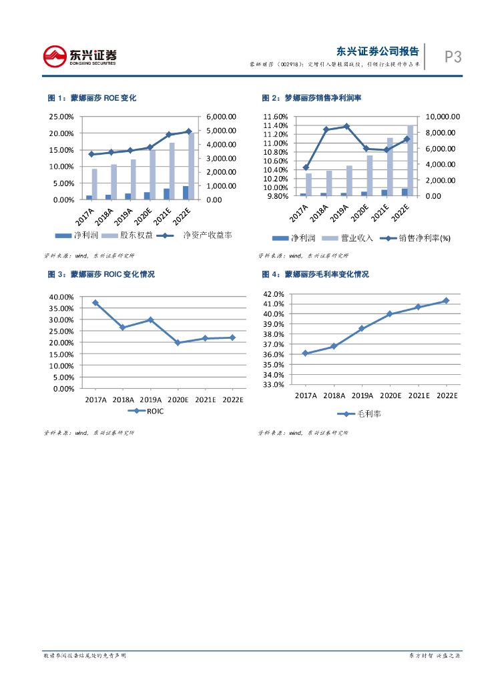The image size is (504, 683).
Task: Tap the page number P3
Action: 453,57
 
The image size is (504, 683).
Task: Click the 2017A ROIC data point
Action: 95,303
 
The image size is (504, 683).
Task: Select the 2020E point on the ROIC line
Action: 178,343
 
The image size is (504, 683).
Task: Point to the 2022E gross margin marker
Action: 446,300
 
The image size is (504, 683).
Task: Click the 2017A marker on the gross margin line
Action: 305,354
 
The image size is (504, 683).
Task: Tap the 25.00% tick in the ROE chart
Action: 61,117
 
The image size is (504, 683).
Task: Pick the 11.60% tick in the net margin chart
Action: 275,117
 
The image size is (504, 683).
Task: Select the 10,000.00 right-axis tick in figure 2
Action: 445,117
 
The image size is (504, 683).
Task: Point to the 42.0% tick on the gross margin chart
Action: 275,294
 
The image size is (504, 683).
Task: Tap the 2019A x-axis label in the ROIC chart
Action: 150,400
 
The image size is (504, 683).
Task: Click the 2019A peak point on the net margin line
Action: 346,126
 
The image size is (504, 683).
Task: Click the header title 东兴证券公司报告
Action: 378,51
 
